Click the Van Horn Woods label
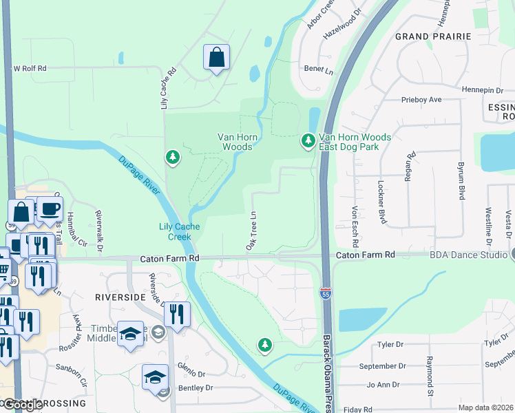click(238, 142)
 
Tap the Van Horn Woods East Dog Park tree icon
click(308, 141)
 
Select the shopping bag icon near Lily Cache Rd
click(216, 58)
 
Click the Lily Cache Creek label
click(175, 231)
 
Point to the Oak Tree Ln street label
click(251, 231)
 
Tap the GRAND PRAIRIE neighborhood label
click(432, 36)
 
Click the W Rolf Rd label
click(30, 68)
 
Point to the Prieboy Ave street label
click(421, 100)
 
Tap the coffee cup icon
click(49, 209)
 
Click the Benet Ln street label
click(319, 70)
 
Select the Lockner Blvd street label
click(382, 202)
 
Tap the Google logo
click(23, 405)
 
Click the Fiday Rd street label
click(358, 410)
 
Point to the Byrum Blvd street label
click(461, 180)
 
